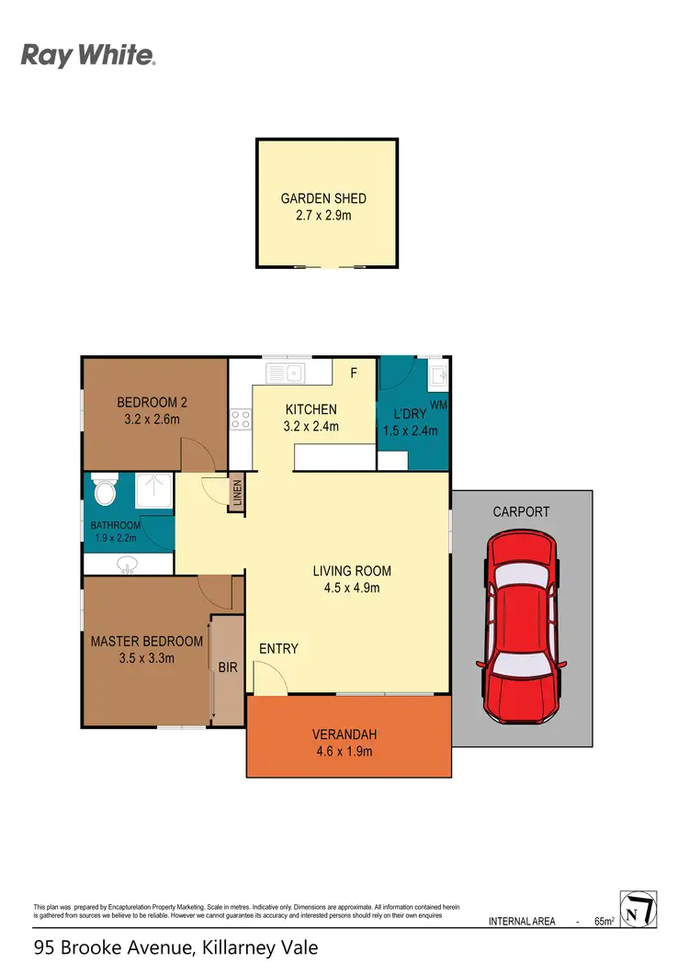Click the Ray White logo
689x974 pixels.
[88, 56]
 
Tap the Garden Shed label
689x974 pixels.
[323, 198]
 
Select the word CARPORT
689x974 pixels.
[521, 511]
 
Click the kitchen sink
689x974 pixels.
[284, 373]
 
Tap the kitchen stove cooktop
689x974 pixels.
[241, 420]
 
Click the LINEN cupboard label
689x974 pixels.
[236, 495]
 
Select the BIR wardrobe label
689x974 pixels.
[227, 668]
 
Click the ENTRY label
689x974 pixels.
[278, 649]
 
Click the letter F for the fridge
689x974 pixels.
[354, 373]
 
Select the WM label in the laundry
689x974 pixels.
[438, 404]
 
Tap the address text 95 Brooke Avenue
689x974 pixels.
[110, 946]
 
